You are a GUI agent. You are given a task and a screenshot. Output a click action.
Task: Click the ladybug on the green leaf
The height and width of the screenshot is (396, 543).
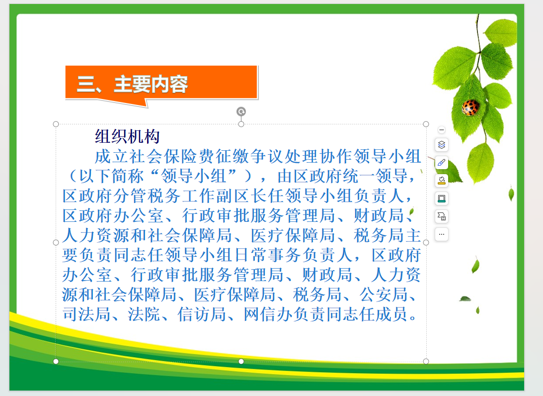pyautogui.click(x=470, y=107)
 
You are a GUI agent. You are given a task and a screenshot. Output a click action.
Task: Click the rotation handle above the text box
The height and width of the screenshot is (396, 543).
pyautogui.click(x=241, y=111)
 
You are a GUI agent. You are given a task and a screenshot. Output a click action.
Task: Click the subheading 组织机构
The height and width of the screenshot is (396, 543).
pyautogui.click(x=127, y=136)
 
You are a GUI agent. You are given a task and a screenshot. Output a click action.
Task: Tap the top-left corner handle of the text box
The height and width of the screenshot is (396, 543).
pyautogui.click(x=56, y=124)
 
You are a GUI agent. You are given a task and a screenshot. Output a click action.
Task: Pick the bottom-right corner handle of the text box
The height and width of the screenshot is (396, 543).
pyautogui.click(x=426, y=361)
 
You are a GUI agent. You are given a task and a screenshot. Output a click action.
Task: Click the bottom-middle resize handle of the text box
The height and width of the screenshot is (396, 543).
pyautogui.click(x=241, y=361)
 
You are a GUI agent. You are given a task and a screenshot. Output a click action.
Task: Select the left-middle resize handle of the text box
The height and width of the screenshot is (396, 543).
pyautogui.click(x=56, y=243)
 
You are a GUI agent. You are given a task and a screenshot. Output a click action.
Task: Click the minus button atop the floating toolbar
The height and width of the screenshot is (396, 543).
pyautogui.click(x=442, y=130)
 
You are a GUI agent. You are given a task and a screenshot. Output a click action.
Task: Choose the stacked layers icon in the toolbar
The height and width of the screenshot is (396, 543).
pyautogui.click(x=442, y=145)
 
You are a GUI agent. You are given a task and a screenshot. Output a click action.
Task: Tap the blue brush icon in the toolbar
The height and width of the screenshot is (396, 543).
pyautogui.click(x=442, y=162)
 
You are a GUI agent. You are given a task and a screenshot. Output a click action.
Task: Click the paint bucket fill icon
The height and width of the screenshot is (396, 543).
pyautogui.click(x=442, y=180)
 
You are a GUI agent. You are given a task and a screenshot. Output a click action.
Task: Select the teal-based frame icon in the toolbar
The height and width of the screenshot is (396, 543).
pyautogui.click(x=442, y=198)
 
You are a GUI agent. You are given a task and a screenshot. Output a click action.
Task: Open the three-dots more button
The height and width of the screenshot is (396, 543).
pyautogui.click(x=442, y=234)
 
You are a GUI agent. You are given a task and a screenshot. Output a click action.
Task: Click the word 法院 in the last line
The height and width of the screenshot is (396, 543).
pyautogui.click(x=144, y=314)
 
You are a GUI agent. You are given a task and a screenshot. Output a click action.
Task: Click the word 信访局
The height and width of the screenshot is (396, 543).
pyautogui.click(x=202, y=314)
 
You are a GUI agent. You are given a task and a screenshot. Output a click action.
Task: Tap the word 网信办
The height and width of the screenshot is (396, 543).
pyautogui.click(x=268, y=314)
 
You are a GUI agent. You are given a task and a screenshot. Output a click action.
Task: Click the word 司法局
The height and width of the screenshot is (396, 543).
pyautogui.click(x=86, y=314)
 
